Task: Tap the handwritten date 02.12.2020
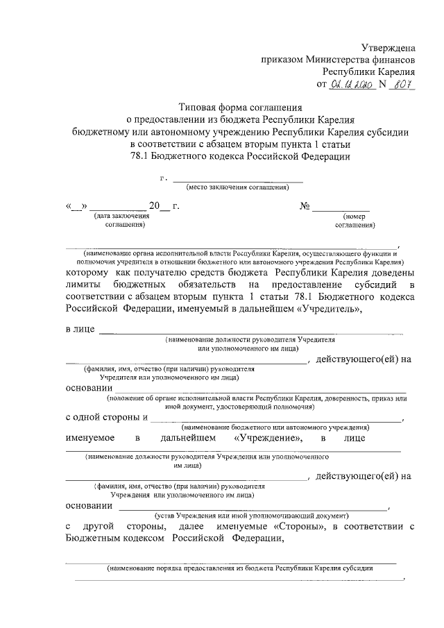[x=352, y=85]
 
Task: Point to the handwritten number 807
[x=403, y=85]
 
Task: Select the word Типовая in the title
[x=197, y=108]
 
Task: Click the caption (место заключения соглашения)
[x=237, y=188]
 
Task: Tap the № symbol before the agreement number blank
[x=305, y=206]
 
